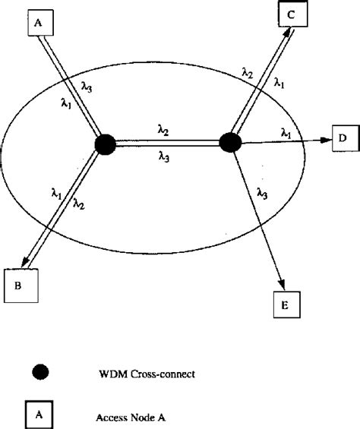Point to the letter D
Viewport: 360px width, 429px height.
(343, 138)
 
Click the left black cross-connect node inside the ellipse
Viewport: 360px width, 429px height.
(106, 144)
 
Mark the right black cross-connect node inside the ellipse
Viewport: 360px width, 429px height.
(229, 142)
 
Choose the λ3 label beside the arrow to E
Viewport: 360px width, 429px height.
(263, 194)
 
